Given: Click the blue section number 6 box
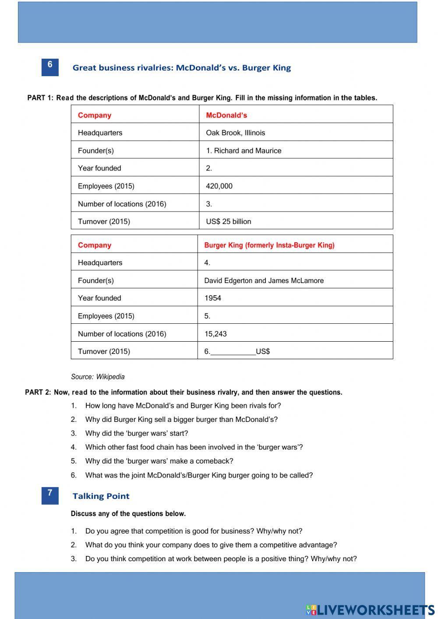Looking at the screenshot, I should point(50,67).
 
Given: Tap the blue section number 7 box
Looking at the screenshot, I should point(50,495).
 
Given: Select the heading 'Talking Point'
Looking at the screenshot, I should point(101,496).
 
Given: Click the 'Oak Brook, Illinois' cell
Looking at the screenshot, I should point(235,133).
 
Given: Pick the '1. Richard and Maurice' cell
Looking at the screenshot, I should point(244,151).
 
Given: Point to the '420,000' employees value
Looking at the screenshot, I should point(219,186).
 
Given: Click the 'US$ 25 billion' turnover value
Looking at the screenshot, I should point(228,222).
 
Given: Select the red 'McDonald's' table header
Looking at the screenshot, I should point(226,115).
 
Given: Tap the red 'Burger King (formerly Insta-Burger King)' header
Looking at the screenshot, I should point(269,245).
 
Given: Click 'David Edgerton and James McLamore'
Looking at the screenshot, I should point(264,281).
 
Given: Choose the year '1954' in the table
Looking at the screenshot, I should point(212,298).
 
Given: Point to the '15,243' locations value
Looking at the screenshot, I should point(215,334).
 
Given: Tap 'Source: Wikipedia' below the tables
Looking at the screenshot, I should point(98,377).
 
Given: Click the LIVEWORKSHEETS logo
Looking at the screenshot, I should point(370,609).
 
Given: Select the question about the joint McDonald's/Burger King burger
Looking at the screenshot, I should point(199,475).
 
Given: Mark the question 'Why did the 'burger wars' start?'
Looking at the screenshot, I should point(136,433).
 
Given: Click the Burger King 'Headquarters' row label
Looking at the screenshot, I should point(100,263).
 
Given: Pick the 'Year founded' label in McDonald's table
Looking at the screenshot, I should point(99,168).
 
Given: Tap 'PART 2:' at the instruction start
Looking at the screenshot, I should point(38,393).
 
